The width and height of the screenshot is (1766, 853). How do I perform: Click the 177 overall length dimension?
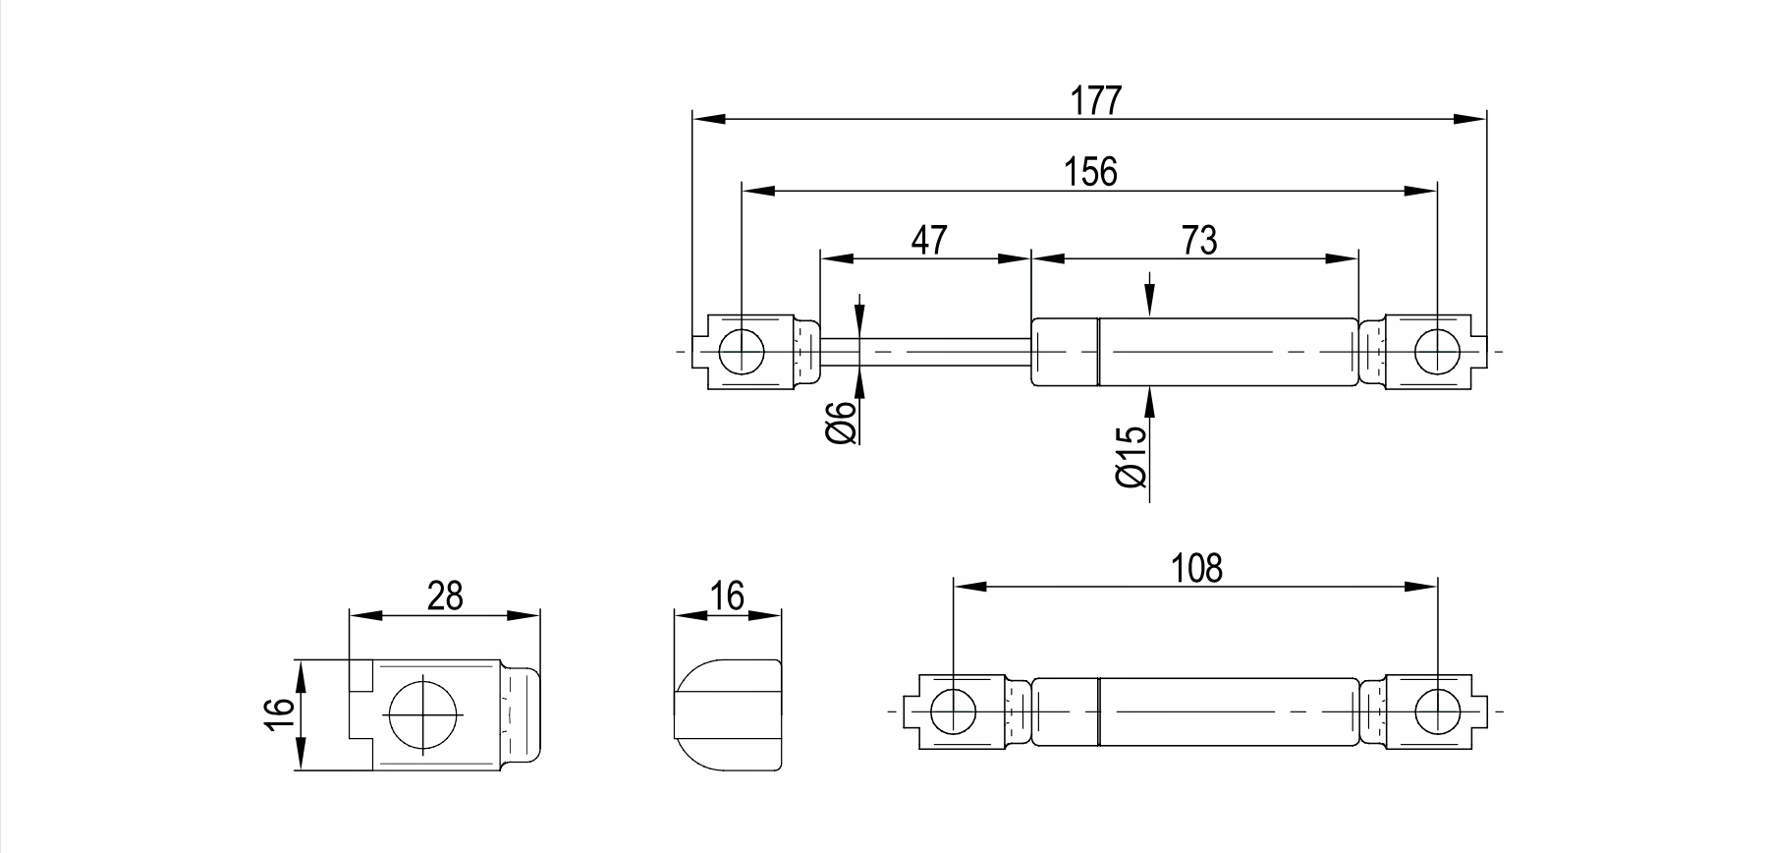(1094, 100)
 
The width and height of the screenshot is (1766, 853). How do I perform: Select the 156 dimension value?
(1090, 171)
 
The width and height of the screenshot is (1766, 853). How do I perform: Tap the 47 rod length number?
(928, 240)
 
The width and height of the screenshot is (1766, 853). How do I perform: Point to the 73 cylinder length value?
(1199, 240)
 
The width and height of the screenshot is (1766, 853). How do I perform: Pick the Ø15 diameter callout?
(1131, 456)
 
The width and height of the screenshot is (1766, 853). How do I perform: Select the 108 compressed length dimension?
(1197, 568)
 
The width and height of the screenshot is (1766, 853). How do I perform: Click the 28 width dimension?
(444, 597)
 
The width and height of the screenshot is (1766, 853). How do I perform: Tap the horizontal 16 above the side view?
(727, 596)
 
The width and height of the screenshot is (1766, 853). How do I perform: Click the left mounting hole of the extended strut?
(742, 351)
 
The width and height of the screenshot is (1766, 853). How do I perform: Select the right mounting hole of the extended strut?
(1437, 351)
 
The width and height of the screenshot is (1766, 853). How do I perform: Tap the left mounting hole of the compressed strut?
(953, 711)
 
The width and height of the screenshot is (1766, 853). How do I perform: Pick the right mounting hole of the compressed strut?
(1437, 711)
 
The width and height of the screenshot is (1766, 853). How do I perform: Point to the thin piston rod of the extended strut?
(923, 351)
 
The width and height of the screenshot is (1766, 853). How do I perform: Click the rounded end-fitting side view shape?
(728, 713)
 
